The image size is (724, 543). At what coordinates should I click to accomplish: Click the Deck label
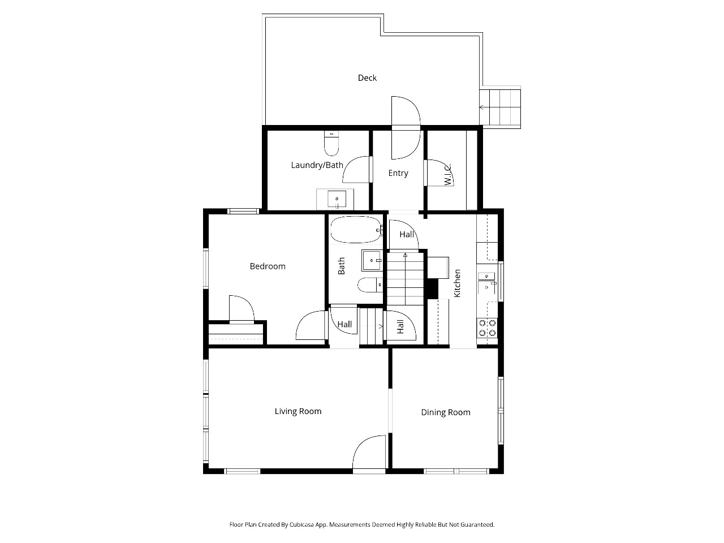click(367, 78)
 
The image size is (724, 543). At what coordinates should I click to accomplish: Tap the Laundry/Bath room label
click(317, 165)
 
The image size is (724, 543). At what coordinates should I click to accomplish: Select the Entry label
click(398, 173)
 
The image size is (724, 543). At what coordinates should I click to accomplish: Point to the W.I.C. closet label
click(447, 175)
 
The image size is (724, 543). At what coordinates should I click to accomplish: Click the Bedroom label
click(268, 266)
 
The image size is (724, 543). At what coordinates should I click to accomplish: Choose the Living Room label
click(298, 411)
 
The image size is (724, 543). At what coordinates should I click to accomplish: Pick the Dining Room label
click(446, 412)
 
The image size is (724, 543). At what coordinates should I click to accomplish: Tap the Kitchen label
click(457, 283)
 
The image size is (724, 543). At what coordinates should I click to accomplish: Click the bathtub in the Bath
click(356, 230)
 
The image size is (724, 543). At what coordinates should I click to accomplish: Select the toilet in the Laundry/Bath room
click(331, 144)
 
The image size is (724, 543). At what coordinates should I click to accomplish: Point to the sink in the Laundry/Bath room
click(337, 199)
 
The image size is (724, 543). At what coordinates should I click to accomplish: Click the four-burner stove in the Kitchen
click(487, 327)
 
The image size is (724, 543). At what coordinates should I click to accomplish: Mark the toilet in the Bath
click(370, 285)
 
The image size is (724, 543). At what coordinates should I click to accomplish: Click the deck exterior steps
click(500, 107)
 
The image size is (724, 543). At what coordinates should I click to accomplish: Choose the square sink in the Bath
click(372, 260)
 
